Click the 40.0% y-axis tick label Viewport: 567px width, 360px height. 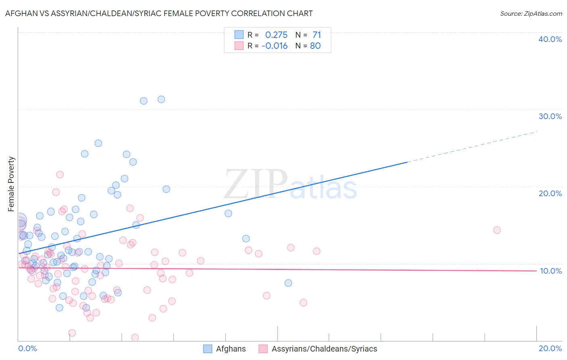[550, 39]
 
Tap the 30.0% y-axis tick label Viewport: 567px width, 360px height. [550, 116]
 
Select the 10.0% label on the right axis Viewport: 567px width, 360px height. [550, 271]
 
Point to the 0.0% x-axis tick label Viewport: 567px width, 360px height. [27, 348]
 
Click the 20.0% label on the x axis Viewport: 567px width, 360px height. [550, 348]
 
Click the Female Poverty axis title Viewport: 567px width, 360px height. [11, 184]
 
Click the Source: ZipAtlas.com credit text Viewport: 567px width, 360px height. [531, 13]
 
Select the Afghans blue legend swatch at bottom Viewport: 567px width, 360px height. [208, 349]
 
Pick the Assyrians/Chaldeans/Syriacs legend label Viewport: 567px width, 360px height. [324, 349]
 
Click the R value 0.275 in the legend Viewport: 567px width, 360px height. [276, 35]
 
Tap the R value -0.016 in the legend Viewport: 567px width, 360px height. [275, 46]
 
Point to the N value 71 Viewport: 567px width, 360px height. [317, 35]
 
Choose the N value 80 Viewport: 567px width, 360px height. [315, 46]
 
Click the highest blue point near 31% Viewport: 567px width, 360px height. [161, 99]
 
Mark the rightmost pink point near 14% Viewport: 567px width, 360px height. [497, 230]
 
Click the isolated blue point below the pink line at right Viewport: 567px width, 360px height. [288, 283]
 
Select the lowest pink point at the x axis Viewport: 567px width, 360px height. [135, 337]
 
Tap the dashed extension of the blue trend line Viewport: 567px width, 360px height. [472, 147]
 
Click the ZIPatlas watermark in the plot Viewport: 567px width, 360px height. [290, 185]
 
